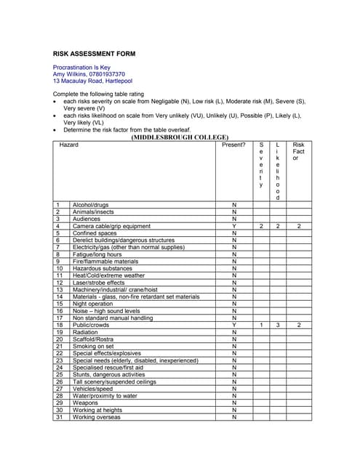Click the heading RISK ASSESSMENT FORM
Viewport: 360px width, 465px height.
(95, 54)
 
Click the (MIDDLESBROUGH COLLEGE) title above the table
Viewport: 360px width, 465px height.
(180, 137)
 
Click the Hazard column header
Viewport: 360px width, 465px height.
(69, 145)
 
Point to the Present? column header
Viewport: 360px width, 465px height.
(234, 145)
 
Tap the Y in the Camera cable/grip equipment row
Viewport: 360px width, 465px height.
(234, 227)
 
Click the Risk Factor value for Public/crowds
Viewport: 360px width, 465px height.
(299, 325)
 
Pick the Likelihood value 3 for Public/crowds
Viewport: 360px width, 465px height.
(278, 325)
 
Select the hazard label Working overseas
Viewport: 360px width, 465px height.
(97, 417)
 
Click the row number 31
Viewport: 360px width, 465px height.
(59, 417)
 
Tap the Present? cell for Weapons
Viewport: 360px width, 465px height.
(234, 403)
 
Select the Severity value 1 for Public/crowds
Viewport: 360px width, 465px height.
(261, 325)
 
